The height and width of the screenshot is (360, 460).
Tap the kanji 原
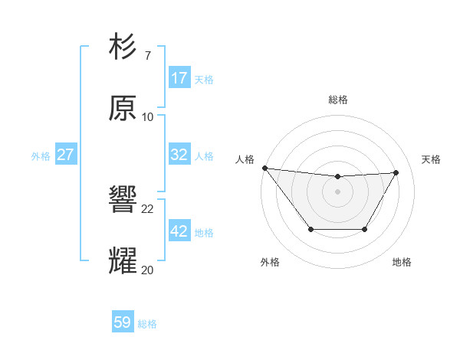(123, 109)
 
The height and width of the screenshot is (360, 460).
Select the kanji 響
(123, 200)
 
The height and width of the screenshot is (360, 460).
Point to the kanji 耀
(123, 260)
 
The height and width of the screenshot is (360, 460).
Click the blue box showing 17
(179, 78)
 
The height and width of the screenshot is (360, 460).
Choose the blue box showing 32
(179, 155)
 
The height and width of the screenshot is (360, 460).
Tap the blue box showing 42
(179, 231)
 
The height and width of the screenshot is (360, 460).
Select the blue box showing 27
(65, 155)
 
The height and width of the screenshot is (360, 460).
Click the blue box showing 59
(123, 323)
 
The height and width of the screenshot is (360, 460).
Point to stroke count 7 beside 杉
(147, 55)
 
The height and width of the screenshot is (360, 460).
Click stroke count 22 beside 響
(148, 208)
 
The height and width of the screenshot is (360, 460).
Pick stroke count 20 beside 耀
(148, 269)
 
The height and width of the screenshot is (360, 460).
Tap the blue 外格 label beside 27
(41, 155)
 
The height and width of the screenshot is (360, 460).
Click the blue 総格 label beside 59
(147, 324)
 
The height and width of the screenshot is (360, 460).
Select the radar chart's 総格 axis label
(338, 100)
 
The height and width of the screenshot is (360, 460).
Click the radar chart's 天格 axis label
(432, 159)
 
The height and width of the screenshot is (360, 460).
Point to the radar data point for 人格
(264, 168)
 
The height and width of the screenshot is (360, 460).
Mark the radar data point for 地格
(365, 229)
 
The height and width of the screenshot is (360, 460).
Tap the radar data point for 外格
(310, 229)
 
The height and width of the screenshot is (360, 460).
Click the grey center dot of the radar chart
(338, 191)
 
